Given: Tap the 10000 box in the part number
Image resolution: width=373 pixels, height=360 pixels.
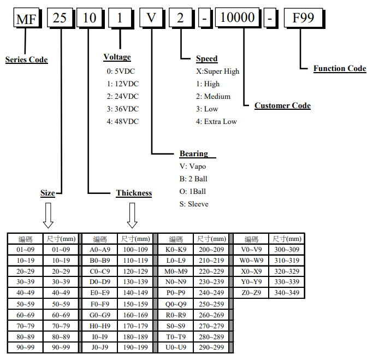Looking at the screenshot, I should (237, 19).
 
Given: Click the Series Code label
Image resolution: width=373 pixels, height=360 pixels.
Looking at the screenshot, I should (26, 60).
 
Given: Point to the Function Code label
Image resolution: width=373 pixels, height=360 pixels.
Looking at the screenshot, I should (339, 68).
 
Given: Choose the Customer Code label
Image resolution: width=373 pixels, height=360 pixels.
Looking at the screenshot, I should (282, 105).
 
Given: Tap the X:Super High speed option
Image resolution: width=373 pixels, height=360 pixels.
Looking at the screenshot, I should (217, 71).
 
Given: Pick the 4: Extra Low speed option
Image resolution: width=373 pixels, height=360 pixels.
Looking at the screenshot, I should (216, 121).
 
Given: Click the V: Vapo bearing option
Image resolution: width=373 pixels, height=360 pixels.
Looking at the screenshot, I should (193, 166).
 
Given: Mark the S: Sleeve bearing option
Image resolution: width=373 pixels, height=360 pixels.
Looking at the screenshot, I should (194, 204).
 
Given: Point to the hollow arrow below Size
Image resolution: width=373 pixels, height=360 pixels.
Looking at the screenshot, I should (48, 215).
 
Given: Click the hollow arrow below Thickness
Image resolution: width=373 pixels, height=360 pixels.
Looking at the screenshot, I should (132, 215).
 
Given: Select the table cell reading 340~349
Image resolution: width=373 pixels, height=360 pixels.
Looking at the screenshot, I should (286, 293).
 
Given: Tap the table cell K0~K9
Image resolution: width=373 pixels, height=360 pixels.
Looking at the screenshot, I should (175, 249).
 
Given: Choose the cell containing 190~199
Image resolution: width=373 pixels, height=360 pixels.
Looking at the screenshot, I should (134, 347).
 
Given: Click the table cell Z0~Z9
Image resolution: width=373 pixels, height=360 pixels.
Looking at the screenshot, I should (251, 293).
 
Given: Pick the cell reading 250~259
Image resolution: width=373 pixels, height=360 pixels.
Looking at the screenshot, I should (211, 304).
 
